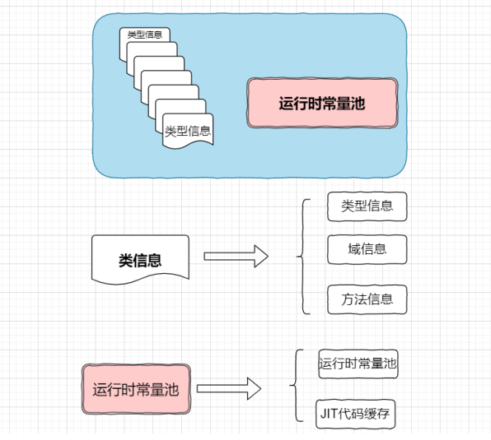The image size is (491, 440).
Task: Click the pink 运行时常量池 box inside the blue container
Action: click(x=322, y=104)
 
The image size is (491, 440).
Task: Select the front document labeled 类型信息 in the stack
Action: click(x=188, y=130)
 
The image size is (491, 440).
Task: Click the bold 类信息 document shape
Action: click(x=140, y=260)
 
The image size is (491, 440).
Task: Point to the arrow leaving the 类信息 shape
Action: click(x=236, y=257)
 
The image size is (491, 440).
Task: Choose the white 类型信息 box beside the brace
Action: click(x=367, y=206)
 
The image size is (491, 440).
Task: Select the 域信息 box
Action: click(x=367, y=249)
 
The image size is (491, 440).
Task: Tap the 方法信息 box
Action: click(x=367, y=299)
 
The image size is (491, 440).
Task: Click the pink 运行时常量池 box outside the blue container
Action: click(x=135, y=389)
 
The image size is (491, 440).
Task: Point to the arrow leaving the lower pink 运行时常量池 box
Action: click(x=228, y=388)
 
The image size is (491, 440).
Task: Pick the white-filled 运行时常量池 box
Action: click(x=358, y=363)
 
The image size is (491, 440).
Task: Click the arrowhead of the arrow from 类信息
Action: click(x=260, y=257)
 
